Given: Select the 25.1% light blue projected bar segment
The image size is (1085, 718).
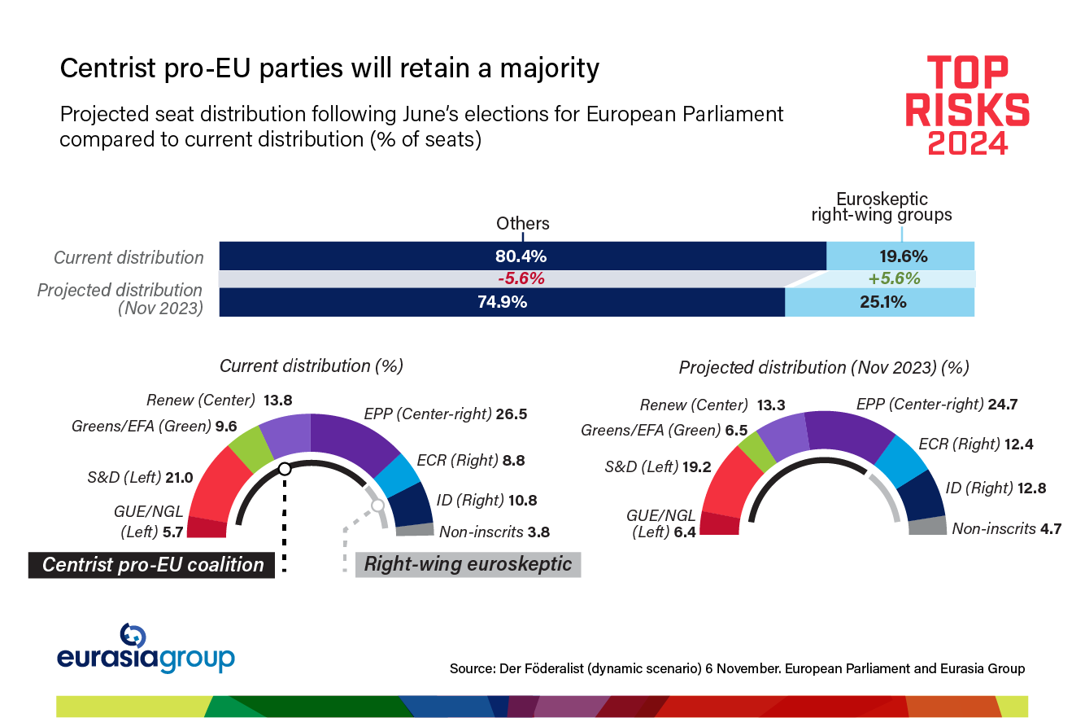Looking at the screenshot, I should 879,302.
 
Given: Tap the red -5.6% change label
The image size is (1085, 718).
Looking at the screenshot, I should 521,278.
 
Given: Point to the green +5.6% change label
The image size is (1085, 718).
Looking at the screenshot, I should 894,278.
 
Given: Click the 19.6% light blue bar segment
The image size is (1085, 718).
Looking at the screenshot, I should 900,256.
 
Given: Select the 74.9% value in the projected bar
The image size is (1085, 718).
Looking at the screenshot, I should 502,302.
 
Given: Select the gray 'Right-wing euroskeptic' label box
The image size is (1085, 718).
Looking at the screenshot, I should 468,564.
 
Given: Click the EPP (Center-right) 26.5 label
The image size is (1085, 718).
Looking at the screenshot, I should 445,414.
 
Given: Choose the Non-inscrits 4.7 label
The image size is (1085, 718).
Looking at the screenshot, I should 1006,528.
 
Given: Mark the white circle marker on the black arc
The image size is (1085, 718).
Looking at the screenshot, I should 284,469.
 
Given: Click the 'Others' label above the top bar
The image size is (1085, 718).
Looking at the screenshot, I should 523,223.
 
